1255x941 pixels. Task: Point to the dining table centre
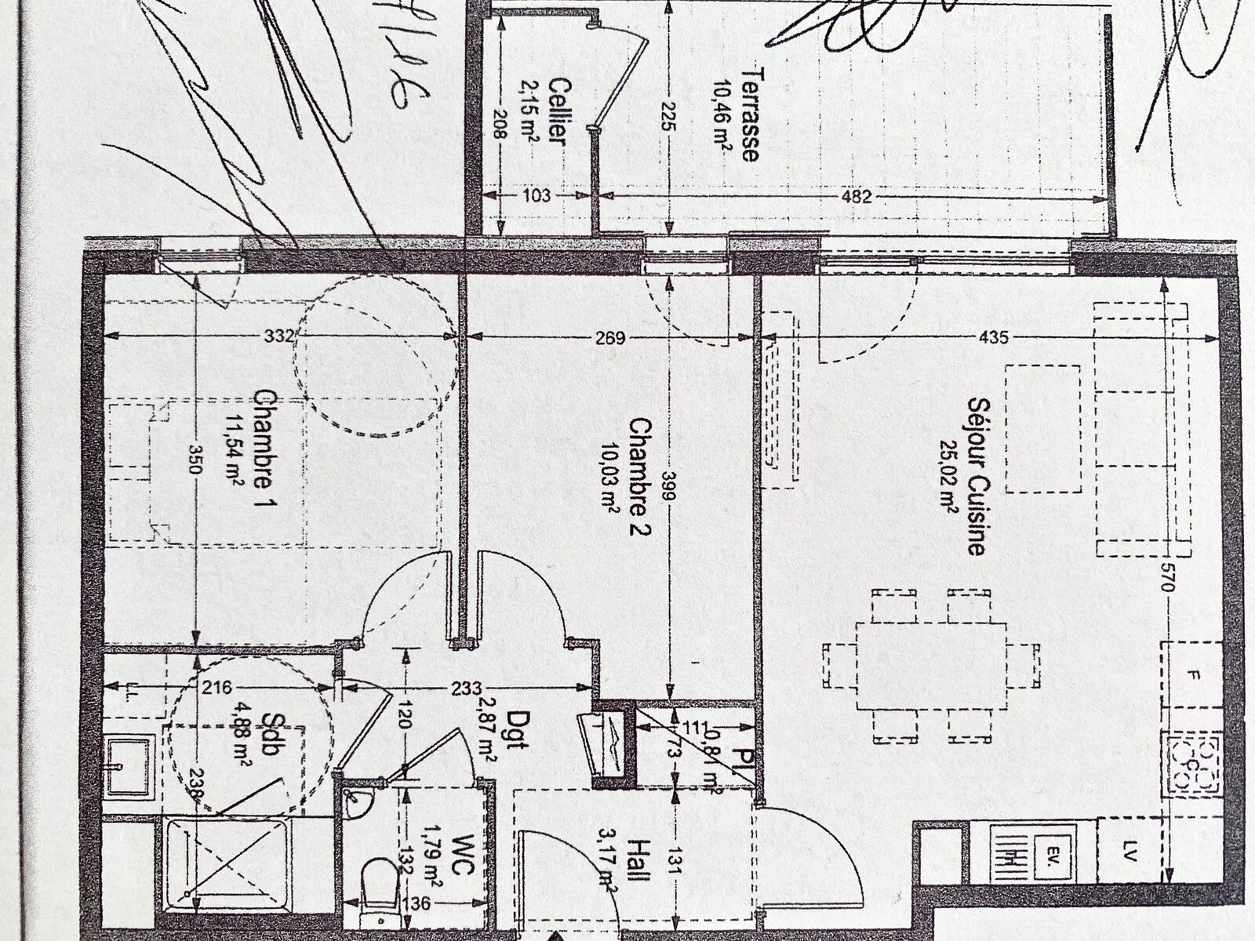[931, 665]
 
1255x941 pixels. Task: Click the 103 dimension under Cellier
[537, 196]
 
